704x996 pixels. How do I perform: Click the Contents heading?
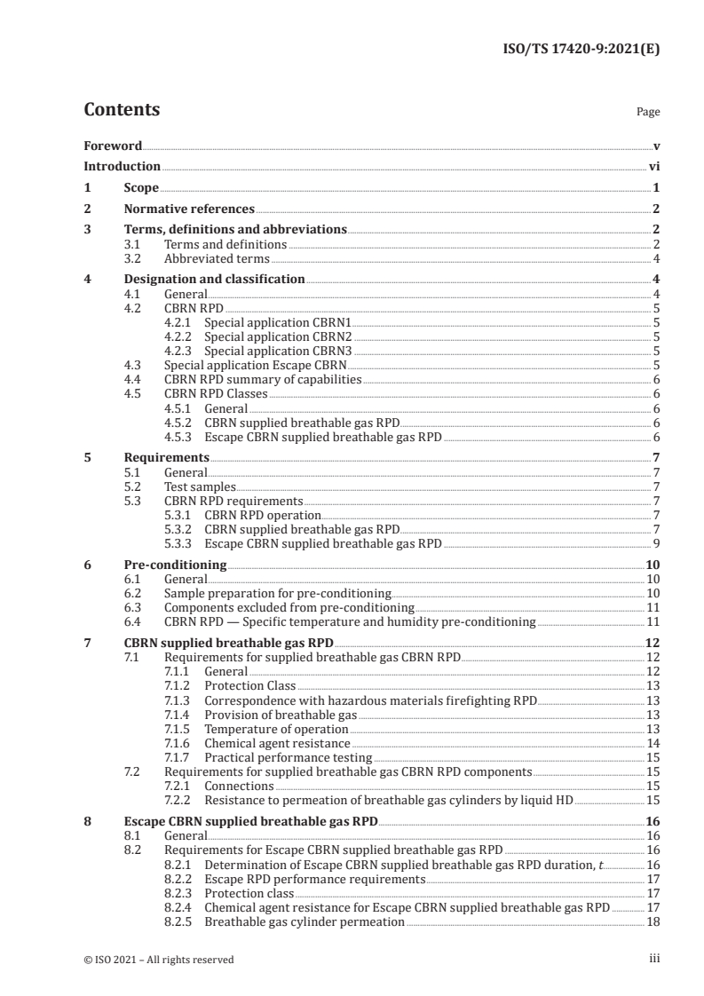point(122,110)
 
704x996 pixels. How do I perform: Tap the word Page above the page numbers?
point(648,113)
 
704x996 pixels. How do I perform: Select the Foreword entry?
point(113,146)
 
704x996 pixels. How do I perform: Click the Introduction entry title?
point(122,166)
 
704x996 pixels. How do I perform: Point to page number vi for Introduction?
point(653,166)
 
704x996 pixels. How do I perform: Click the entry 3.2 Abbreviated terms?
point(217,258)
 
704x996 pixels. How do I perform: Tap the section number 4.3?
point(132,364)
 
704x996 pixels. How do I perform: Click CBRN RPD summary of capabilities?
point(263,378)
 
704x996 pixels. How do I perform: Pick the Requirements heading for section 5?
point(166,457)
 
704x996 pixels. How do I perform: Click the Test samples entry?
point(200,486)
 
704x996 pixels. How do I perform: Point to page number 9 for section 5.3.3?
point(656,542)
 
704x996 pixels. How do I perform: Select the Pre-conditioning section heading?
point(175,565)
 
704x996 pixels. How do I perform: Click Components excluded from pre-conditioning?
point(289,607)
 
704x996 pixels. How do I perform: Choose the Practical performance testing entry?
point(288,757)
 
